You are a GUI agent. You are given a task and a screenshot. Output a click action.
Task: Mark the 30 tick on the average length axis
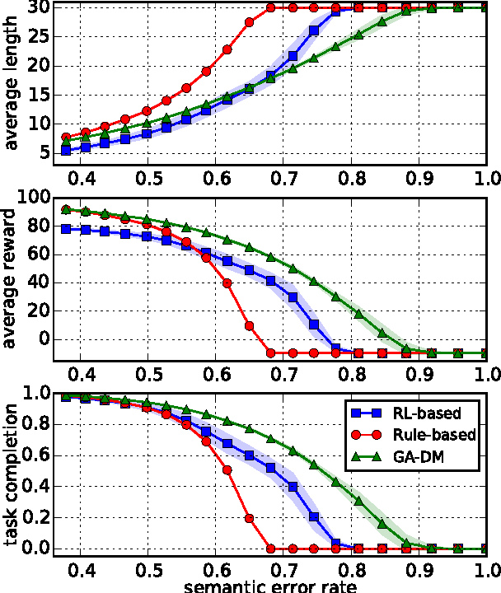pyautogui.click(x=39, y=7)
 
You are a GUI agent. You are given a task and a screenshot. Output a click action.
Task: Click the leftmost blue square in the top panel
pyautogui.click(x=67, y=151)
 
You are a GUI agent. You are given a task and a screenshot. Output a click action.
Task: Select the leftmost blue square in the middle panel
pyautogui.click(x=67, y=229)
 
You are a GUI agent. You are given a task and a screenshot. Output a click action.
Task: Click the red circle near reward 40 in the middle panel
pyautogui.click(x=227, y=282)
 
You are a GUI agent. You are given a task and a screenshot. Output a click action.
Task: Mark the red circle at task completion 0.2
pyautogui.click(x=249, y=518)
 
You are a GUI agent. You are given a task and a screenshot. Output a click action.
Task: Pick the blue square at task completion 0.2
pyautogui.click(x=314, y=517)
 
